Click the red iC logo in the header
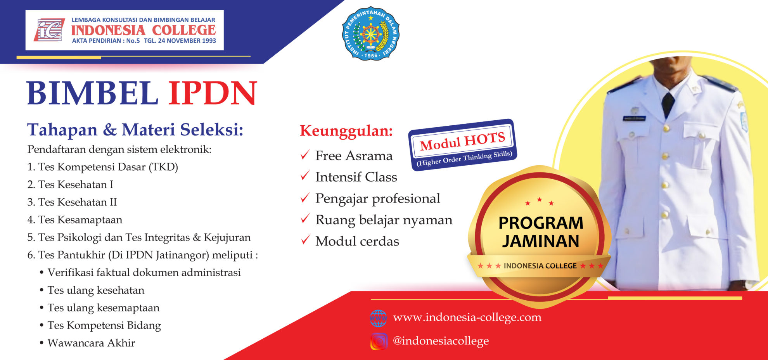coord(49,30)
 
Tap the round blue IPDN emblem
coord(371,33)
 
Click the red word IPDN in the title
coord(213,93)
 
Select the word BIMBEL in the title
coord(93,93)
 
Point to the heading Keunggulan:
coord(346,131)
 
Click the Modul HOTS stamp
coord(463,145)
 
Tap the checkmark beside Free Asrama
coord(305,155)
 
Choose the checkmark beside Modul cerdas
coord(305,240)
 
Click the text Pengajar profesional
coord(377,199)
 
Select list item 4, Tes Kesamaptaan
coord(75,220)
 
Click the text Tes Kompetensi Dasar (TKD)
coord(103,167)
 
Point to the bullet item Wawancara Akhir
coord(91,343)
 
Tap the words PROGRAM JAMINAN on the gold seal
coord(541,232)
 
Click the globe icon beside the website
coord(378,318)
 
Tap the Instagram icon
coord(379,341)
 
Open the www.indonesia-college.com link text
coord(467,317)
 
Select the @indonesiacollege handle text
coord(441,341)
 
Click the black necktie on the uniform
coord(668,105)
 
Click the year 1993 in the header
coord(208,40)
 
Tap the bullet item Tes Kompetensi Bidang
coord(104,325)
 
